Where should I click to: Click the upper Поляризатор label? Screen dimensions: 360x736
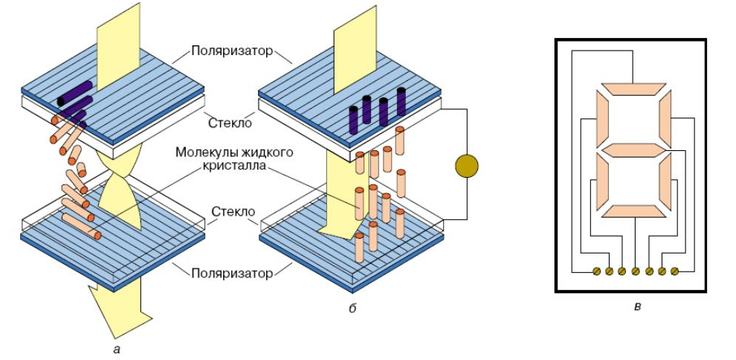coord(232,53)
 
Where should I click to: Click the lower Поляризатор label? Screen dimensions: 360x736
coord(231,274)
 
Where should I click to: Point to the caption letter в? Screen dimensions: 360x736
coord(636,306)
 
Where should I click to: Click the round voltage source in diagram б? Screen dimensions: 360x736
coord(466,165)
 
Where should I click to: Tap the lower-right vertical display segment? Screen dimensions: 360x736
coord(663,181)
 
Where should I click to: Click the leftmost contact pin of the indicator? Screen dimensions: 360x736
coord(596,271)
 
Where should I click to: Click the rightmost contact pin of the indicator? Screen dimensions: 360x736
coord(675,271)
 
